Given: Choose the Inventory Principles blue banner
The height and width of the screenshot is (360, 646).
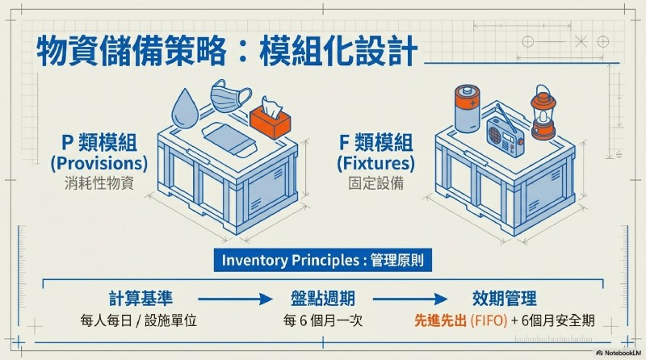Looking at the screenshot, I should tap(323, 262).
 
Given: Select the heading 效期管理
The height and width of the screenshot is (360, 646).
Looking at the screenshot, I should tap(505, 298).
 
